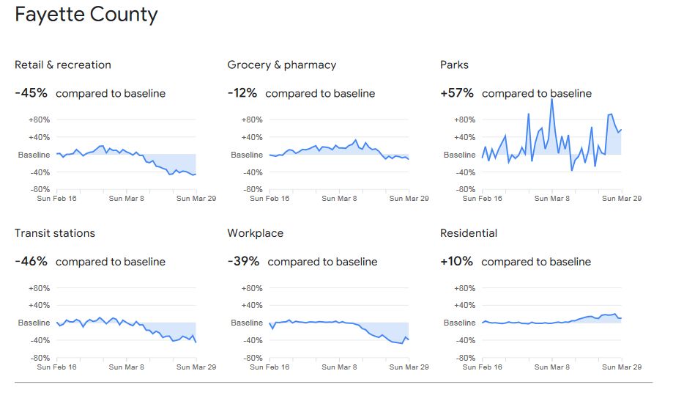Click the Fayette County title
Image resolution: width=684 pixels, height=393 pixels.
pyautogui.click(x=86, y=15)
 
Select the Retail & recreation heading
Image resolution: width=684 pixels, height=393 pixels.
pyautogui.click(x=63, y=65)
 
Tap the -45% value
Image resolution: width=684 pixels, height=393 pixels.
pyautogui.click(x=31, y=93)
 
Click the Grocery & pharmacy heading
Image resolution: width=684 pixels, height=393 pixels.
pyautogui.click(x=282, y=65)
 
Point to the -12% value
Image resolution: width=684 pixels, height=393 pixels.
pyautogui.click(x=242, y=93)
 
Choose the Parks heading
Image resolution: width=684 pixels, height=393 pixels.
pyautogui.click(x=454, y=65)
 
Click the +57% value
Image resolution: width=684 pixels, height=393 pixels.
pyautogui.click(x=457, y=93)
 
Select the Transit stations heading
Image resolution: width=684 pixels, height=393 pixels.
pyautogui.click(x=55, y=233)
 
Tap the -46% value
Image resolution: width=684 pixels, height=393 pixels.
pyautogui.click(x=31, y=262)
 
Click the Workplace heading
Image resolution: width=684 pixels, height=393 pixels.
pyautogui.click(x=256, y=233)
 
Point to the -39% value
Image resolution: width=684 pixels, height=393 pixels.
pyautogui.click(x=244, y=262)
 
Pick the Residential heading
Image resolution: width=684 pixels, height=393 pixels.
pyautogui.click(x=469, y=233)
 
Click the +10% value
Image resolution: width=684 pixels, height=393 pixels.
pyautogui.click(x=456, y=262)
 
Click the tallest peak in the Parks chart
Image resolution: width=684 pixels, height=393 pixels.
pyautogui.click(x=551, y=100)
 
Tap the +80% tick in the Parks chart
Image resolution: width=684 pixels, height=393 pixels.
pyautogui.click(x=464, y=120)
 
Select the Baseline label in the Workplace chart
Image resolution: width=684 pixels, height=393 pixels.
pyautogui.click(x=247, y=323)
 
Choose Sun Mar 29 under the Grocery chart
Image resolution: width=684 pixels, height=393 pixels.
pyautogui.click(x=409, y=198)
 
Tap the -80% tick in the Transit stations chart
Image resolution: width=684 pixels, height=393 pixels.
pyautogui.click(x=39, y=358)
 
